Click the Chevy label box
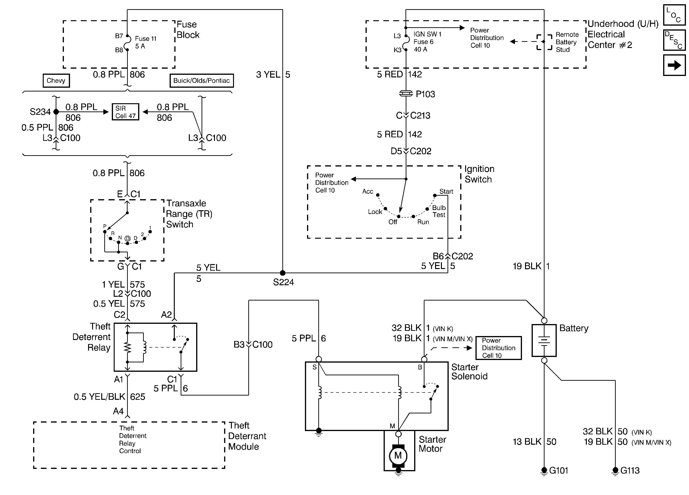56,81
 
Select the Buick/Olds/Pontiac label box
201,81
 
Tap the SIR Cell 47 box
125,112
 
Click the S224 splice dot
283,273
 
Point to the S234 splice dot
56,112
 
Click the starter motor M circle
398,455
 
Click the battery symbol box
544,340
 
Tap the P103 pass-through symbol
406,94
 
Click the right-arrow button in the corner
674,65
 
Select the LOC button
674,15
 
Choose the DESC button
674,40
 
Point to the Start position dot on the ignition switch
435,195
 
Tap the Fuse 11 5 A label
145,42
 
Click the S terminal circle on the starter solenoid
319,359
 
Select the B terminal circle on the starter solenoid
424,359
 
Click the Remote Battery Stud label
567,42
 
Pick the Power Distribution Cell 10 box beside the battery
498,348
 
